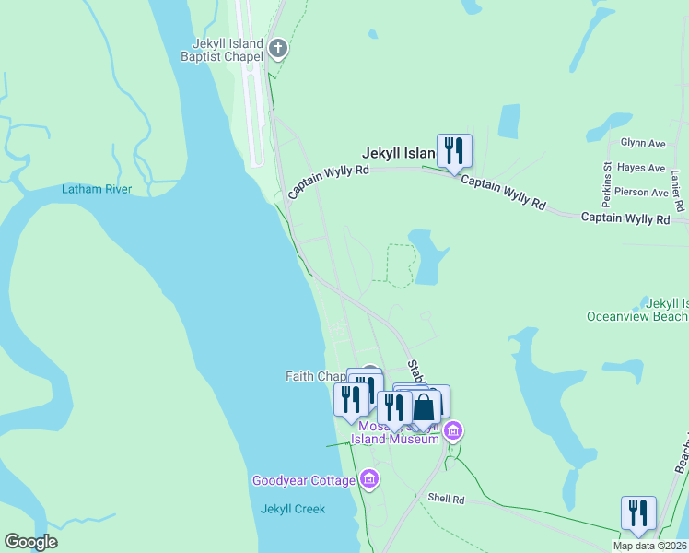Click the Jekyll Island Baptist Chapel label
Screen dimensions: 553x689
(227, 49)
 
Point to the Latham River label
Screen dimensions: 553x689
(97, 189)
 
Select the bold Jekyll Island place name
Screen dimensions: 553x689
(398, 153)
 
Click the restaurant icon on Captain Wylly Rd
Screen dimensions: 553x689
(454, 150)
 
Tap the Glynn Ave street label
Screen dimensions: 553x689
(643, 144)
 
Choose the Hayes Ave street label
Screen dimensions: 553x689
(643, 168)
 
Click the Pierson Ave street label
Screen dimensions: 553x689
(641, 193)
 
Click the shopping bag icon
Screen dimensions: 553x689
(424, 406)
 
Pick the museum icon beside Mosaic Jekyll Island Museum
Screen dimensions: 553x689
(452, 431)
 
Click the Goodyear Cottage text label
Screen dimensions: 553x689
(304, 480)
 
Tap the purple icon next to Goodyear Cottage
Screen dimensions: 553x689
(368, 478)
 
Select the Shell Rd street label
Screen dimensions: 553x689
(447, 498)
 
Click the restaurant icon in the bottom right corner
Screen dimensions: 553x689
(637, 512)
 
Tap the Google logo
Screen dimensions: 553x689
(31, 542)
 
